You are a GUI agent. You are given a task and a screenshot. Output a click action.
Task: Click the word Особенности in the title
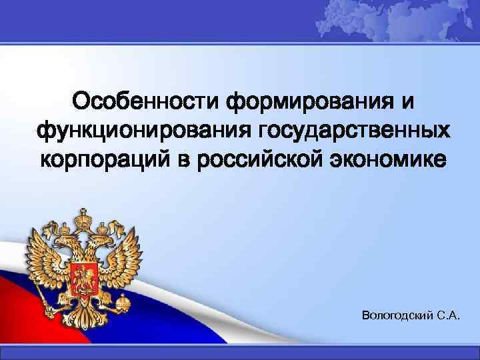coord(146,102)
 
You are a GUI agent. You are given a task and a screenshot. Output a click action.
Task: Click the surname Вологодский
coord(396,313)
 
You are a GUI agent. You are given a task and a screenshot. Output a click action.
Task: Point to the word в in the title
coord(189,159)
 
